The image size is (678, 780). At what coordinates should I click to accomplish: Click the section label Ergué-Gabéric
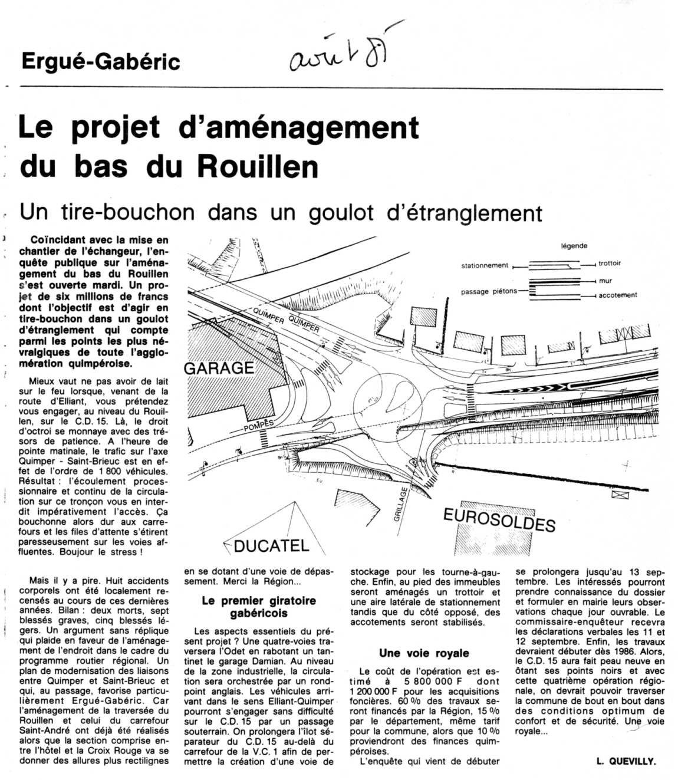tap(100, 61)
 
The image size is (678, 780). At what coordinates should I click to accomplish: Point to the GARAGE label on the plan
tap(219, 368)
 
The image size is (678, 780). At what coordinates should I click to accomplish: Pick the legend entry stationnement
tap(484, 265)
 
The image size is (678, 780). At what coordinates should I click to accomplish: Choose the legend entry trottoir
tap(610, 264)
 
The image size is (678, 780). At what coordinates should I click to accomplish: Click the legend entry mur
tap(605, 281)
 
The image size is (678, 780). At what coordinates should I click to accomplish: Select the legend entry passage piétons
tap(489, 291)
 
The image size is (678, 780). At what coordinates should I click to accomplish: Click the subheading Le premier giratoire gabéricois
tap(259, 607)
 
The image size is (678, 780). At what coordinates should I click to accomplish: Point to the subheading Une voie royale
tap(424, 653)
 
